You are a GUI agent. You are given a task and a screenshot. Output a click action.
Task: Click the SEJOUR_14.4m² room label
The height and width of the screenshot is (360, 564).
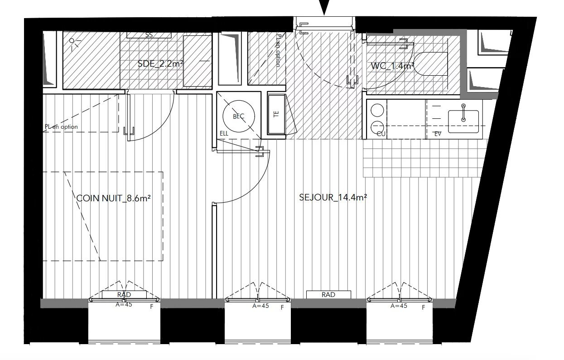(x=333, y=197)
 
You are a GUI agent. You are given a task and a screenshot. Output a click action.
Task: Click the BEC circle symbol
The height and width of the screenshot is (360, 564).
(x=238, y=117)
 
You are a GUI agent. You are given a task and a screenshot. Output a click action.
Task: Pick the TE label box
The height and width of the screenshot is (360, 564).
(x=277, y=114)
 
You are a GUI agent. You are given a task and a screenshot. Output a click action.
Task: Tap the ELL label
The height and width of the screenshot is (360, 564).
(x=224, y=134)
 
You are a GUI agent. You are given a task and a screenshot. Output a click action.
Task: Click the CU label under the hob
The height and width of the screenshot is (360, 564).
(x=381, y=134)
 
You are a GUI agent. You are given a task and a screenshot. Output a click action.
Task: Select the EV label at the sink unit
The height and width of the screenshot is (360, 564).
(x=438, y=134)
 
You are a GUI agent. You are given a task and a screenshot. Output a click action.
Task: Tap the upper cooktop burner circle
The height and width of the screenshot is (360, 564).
(x=377, y=110)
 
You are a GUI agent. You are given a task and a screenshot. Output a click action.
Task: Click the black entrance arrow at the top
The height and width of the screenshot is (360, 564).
(x=324, y=7)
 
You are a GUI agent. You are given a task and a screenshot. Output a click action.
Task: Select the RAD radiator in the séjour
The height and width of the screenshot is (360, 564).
(x=328, y=295)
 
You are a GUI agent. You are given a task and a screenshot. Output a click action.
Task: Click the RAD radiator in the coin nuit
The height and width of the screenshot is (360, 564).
(x=124, y=295)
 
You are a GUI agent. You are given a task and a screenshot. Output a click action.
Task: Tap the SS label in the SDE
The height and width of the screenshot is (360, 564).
(x=149, y=35)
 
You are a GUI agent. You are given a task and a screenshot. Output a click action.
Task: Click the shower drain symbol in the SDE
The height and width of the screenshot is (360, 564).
(x=72, y=41)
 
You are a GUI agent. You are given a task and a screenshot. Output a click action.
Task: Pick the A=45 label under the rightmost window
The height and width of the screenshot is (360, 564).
(x=399, y=306)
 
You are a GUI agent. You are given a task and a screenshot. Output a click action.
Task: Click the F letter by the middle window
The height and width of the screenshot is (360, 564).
(x=282, y=307)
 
